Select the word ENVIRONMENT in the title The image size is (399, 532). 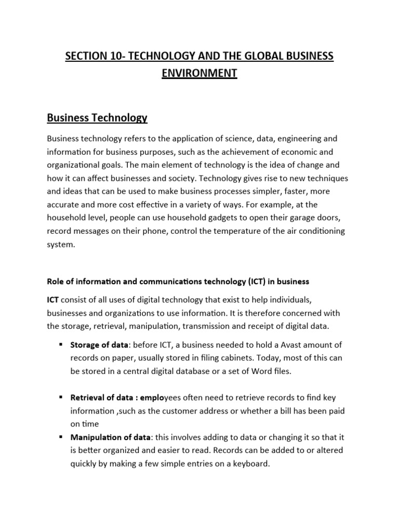[199, 73]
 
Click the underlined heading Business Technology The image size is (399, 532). [97, 118]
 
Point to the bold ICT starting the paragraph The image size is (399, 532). [54, 300]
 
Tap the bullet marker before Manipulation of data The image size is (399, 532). [61, 437]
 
